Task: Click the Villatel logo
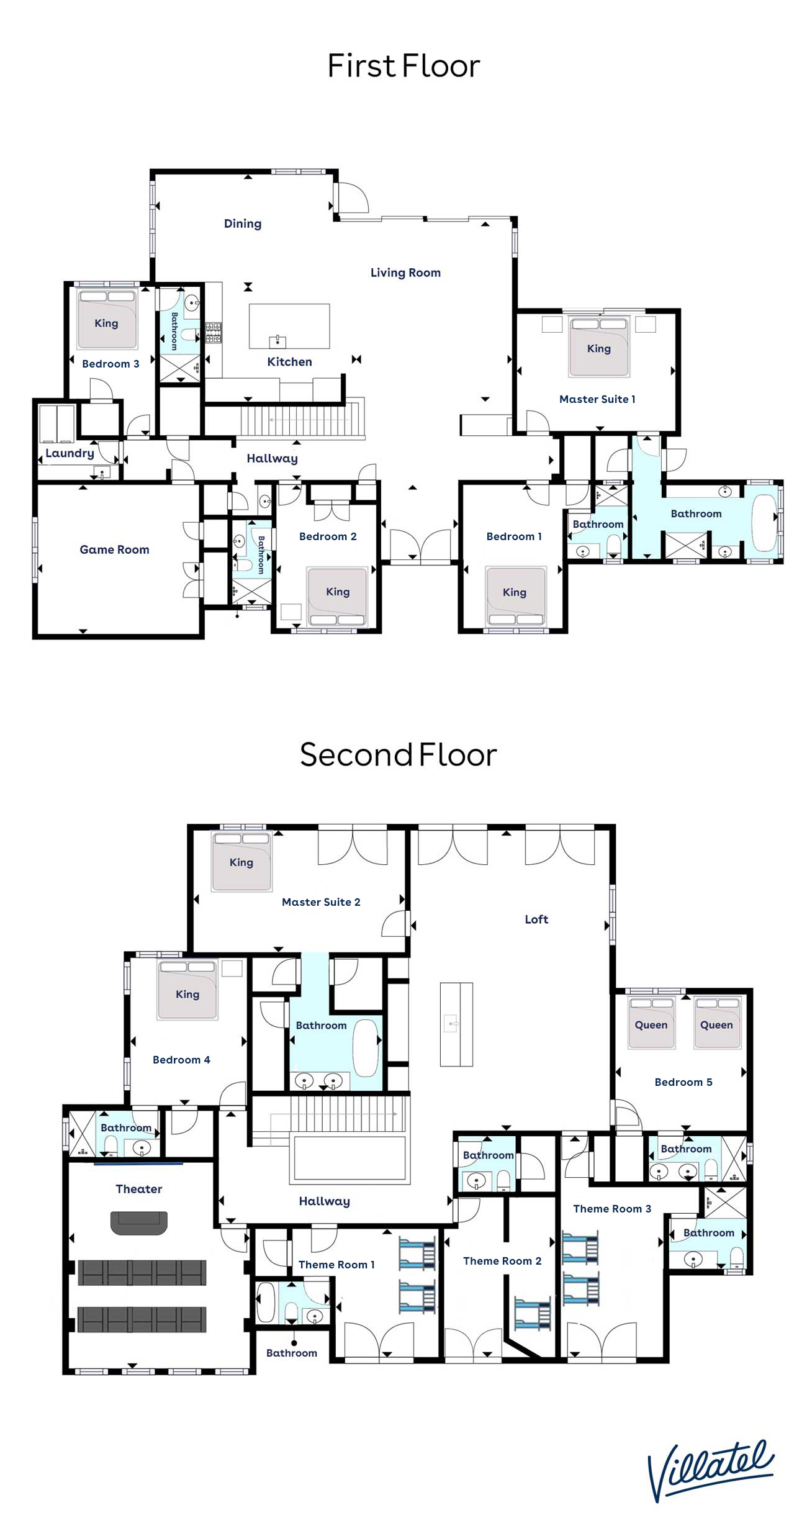pyautogui.click(x=711, y=1471)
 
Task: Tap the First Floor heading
pyautogui.click(x=403, y=66)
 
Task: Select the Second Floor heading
pyautogui.click(x=398, y=755)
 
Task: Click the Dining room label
pyautogui.click(x=243, y=224)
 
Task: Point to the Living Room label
pyautogui.click(x=405, y=273)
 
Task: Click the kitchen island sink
pyautogui.click(x=277, y=341)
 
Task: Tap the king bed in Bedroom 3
pyautogui.click(x=106, y=319)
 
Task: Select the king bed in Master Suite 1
pyautogui.click(x=599, y=346)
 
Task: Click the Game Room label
pyautogui.click(x=114, y=549)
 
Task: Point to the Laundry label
pyautogui.click(x=70, y=453)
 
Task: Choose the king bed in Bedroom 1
pyautogui.click(x=515, y=595)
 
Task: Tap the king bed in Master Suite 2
pyautogui.click(x=241, y=861)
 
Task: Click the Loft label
pyautogui.click(x=536, y=919)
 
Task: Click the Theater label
pyautogui.click(x=138, y=1189)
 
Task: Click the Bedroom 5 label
pyautogui.click(x=683, y=1082)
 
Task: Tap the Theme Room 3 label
pyautogui.click(x=612, y=1209)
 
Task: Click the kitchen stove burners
pyautogui.click(x=214, y=333)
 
